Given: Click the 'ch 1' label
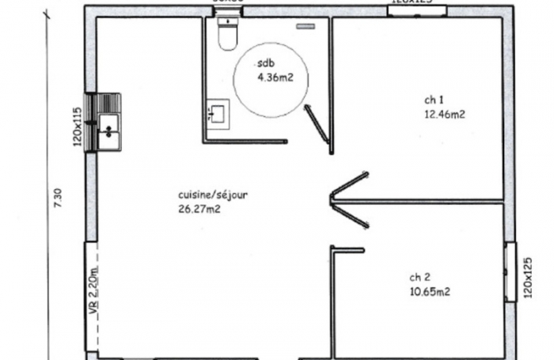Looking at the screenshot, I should coord(433,100).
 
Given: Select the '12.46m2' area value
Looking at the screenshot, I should coord(444,113).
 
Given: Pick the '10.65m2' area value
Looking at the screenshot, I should coord(430,290).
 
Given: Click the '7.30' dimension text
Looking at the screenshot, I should coord(56,197).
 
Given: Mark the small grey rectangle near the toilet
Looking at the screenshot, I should coord(306,26).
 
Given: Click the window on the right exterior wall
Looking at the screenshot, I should coord(510,271).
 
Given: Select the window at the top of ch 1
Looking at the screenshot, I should coord(417,10).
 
